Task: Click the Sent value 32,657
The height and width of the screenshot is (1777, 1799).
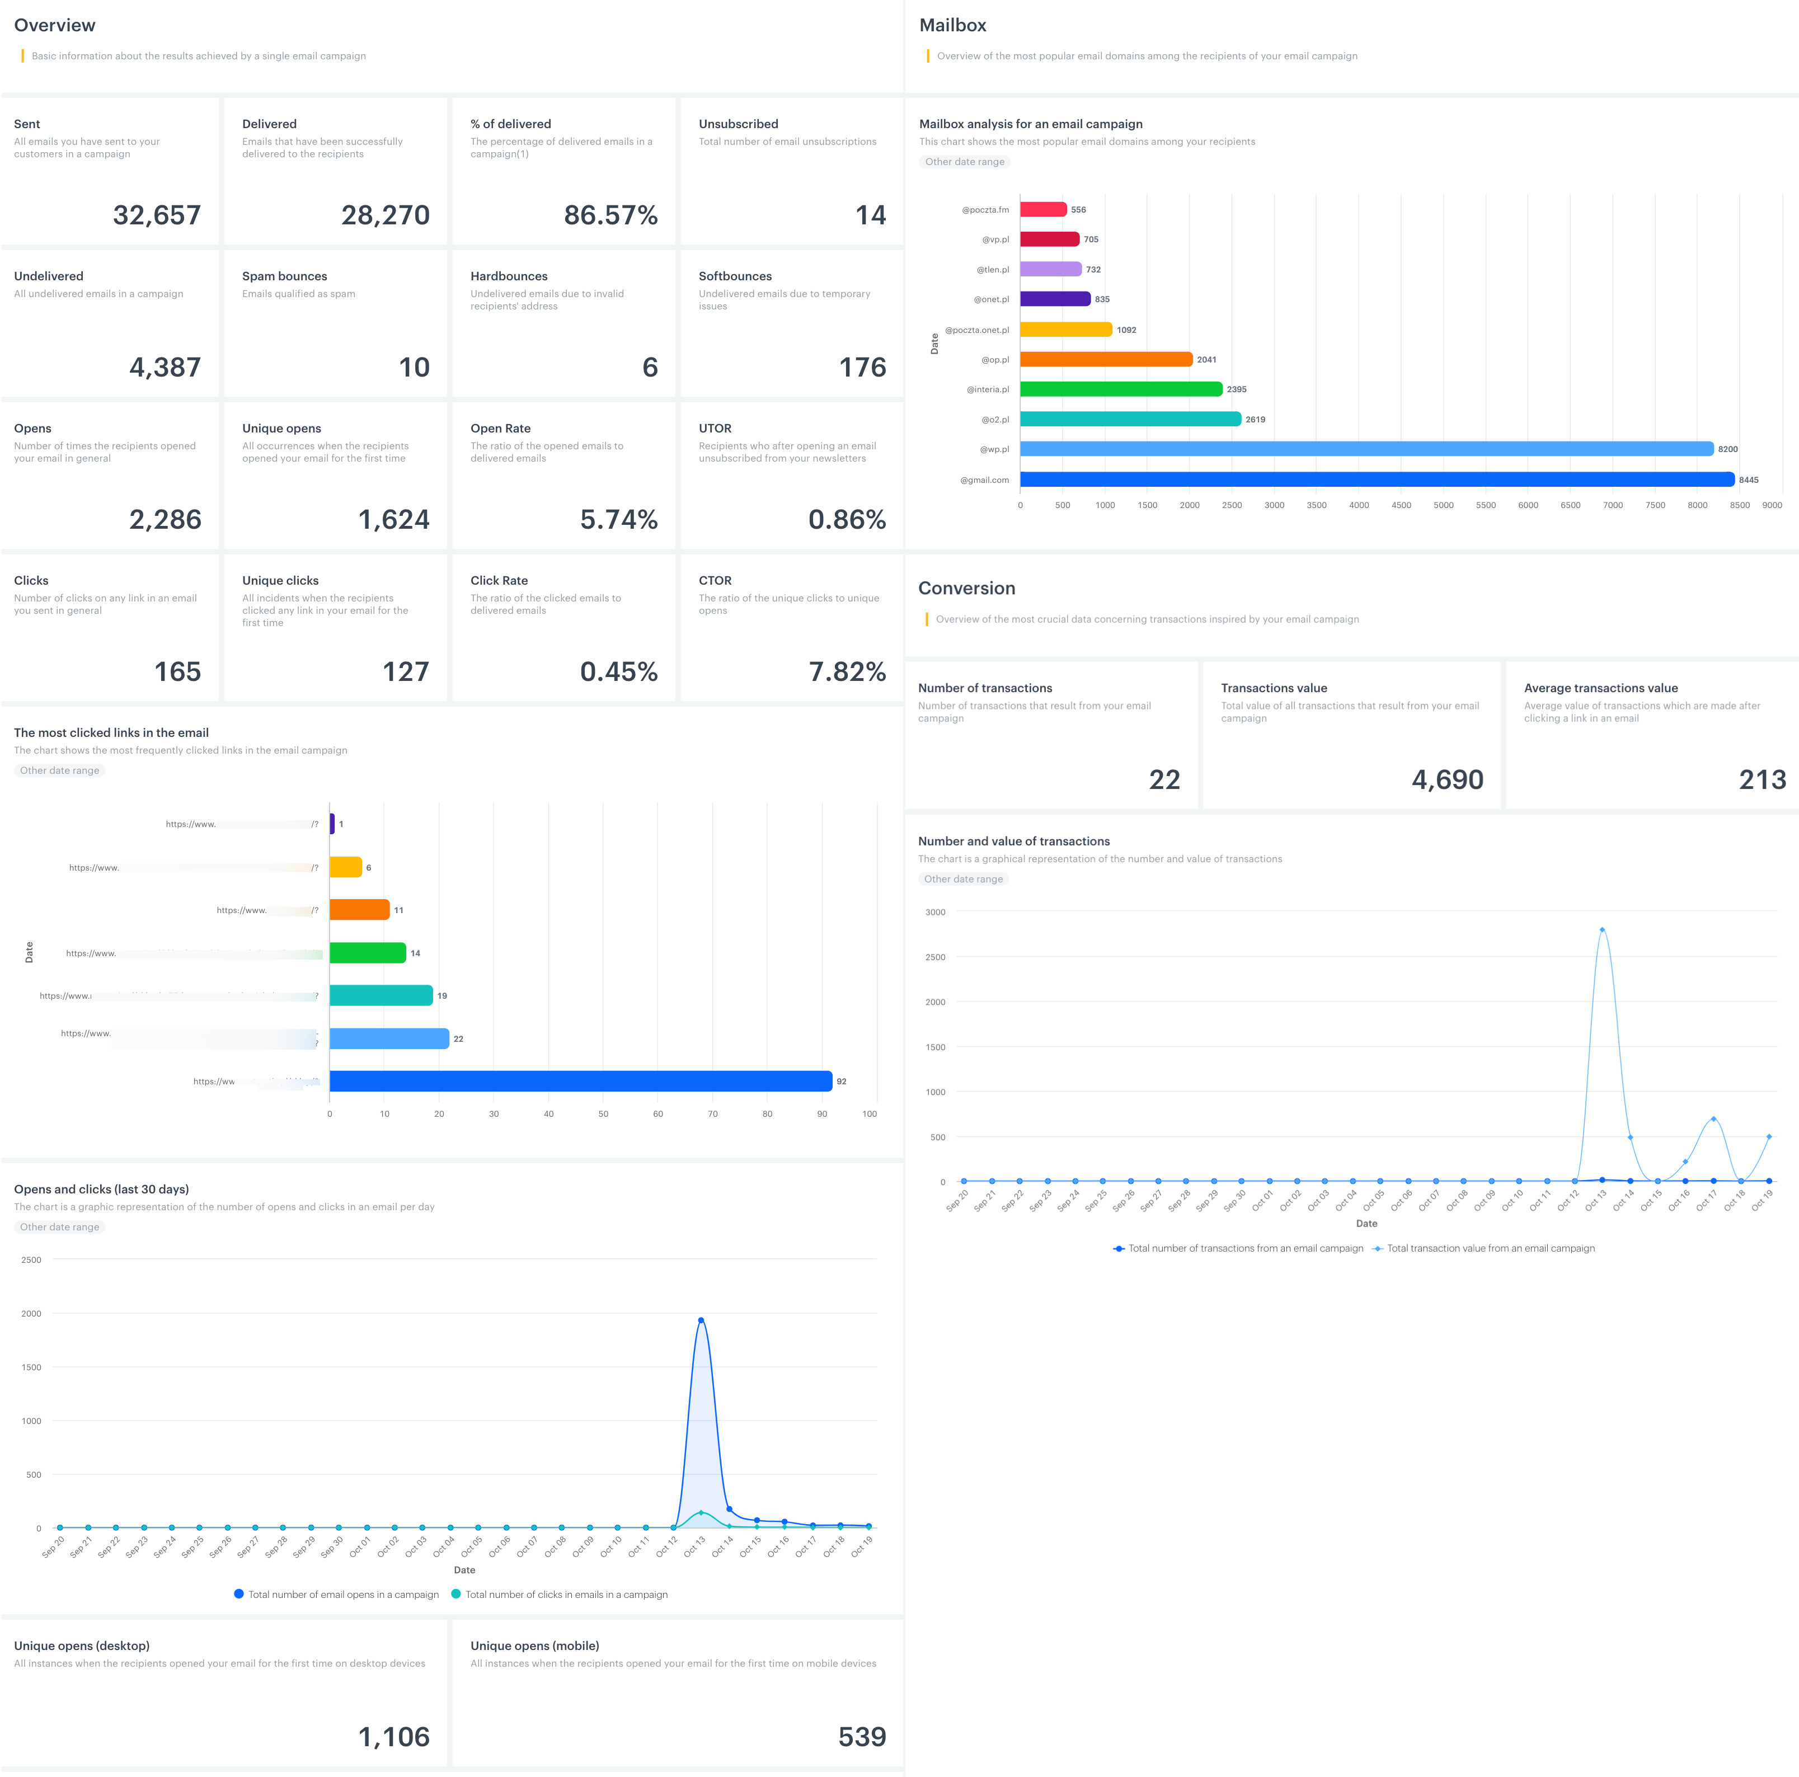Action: (x=157, y=215)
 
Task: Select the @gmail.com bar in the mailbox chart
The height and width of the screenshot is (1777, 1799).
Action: (x=1377, y=479)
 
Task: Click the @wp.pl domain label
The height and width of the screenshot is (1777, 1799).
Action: (x=994, y=450)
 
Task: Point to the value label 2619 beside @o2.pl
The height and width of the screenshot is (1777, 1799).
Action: (x=1255, y=420)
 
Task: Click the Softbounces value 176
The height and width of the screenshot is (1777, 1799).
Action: (x=862, y=368)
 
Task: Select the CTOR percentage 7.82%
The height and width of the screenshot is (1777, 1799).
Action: (x=847, y=671)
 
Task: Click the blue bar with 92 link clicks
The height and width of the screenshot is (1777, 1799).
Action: (x=580, y=1081)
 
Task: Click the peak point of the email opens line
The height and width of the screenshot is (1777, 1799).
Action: (x=701, y=1320)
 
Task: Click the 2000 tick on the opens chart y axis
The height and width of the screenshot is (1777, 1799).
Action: (x=32, y=1313)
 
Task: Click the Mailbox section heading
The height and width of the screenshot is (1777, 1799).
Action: (x=952, y=25)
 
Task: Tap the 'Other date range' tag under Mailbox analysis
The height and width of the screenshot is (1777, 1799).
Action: (x=965, y=162)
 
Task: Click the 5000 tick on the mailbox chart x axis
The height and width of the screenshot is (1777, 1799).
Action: (x=1443, y=505)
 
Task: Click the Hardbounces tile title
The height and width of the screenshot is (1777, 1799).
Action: (x=509, y=276)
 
